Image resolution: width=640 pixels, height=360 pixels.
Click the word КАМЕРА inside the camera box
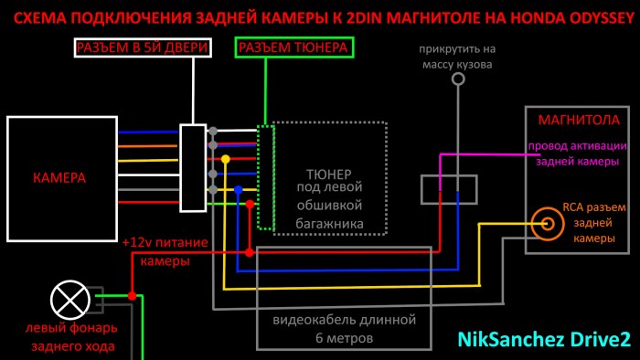click(x=59, y=178)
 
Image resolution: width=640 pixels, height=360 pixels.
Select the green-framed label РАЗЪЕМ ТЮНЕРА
click(x=293, y=48)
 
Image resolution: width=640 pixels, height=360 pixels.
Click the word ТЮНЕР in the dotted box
click(x=329, y=174)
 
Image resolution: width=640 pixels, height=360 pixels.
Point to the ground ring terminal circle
click(x=458, y=79)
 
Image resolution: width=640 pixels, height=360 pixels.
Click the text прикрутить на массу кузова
click(x=458, y=57)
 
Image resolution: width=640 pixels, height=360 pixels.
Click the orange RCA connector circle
click(x=548, y=221)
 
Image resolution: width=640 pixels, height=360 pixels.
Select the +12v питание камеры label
click(x=165, y=252)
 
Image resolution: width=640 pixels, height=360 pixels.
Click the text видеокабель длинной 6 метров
click(x=344, y=329)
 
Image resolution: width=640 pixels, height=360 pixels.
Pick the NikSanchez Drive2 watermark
click(x=543, y=339)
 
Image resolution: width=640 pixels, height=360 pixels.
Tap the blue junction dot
click(x=238, y=190)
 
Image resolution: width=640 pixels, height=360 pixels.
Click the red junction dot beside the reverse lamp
click(x=132, y=296)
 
